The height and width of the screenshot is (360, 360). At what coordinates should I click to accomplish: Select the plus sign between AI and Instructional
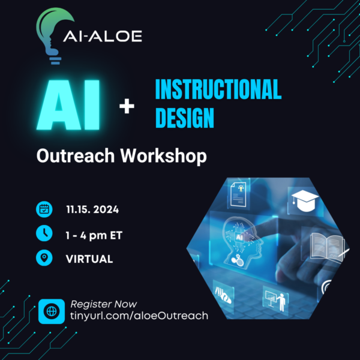127,107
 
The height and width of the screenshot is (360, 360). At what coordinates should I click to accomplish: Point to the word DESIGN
185,118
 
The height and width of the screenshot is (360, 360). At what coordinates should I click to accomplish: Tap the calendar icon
44,209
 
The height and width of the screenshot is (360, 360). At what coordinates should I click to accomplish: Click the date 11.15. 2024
92,210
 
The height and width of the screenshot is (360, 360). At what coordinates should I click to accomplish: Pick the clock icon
44,235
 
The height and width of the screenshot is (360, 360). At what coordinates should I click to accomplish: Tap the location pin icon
44,259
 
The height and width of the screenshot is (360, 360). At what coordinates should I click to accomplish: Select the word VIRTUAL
89,259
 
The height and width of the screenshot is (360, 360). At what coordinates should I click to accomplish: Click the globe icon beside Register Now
52,311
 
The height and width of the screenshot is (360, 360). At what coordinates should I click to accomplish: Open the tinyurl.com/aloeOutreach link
139,316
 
